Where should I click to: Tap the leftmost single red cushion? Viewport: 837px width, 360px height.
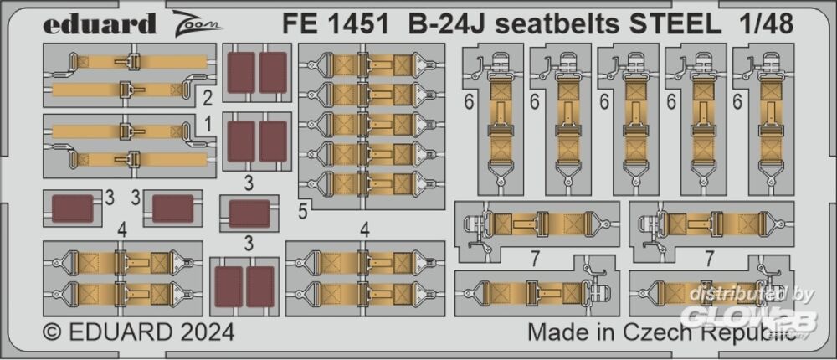pos(72,208)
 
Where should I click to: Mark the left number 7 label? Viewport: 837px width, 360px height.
pos(533,256)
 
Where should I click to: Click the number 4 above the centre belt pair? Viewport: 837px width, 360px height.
pos(364,227)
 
